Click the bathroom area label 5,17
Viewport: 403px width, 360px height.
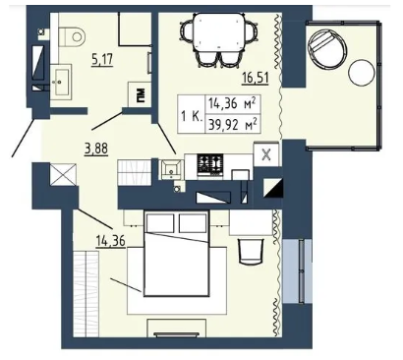(x=102, y=60)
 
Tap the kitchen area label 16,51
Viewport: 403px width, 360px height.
(x=256, y=78)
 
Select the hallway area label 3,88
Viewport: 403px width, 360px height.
(x=96, y=149)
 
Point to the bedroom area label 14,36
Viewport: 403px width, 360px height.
(x=110, y=241)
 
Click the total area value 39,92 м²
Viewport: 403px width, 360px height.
(x=233, y=125)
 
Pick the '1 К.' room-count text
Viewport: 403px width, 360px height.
(x=191, y=116)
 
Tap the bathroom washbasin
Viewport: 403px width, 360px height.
(x=61, y=81)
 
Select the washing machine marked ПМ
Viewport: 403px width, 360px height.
(x=140, y=94)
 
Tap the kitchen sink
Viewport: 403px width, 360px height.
(x=172, y=169)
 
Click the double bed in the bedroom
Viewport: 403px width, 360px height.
(x=177, y=254)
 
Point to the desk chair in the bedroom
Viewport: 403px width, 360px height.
(x=252, y=251)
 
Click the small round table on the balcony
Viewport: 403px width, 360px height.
(x=361, y=73)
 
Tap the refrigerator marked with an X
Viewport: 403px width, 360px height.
(x=266, y=154)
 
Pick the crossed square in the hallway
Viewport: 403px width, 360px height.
(x=64, y=174)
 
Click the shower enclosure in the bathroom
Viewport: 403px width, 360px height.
(x=135, y=29)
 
